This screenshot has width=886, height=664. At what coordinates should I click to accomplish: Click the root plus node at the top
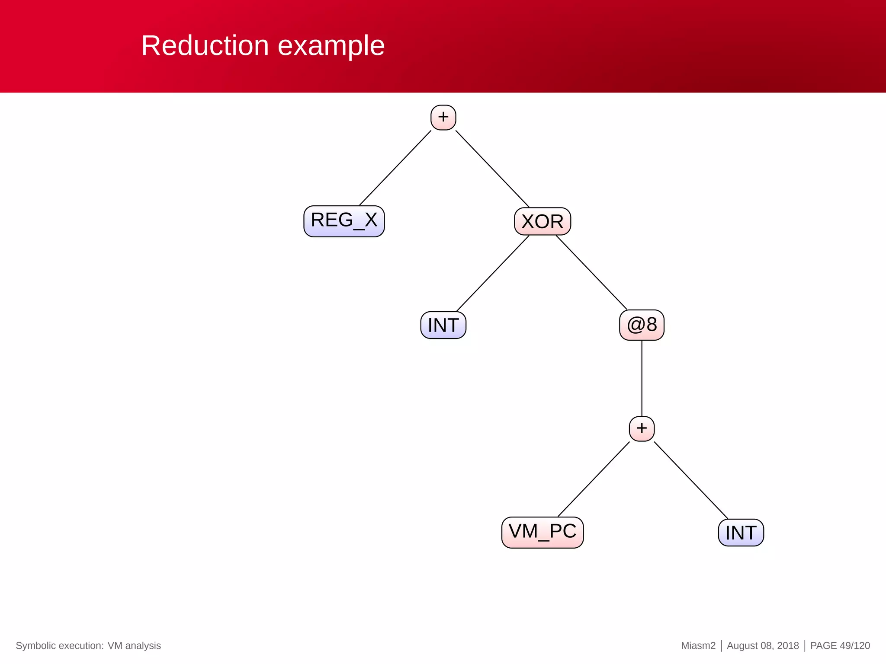443,117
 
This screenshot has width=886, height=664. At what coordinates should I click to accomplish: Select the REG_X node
344,221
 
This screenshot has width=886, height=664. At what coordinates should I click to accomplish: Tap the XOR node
542,221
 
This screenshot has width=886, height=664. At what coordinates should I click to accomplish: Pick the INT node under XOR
443,325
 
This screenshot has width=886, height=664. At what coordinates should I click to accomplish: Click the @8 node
642,325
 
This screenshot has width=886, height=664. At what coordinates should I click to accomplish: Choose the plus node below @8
642,428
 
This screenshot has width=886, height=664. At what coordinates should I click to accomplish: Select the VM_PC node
542,532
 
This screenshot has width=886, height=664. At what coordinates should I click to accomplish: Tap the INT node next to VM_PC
741,533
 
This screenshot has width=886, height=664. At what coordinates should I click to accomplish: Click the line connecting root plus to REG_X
395,168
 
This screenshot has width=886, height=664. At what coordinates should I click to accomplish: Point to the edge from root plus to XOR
492,169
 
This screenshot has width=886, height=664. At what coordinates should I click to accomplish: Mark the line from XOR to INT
493,273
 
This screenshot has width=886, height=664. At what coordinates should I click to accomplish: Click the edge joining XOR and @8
591,272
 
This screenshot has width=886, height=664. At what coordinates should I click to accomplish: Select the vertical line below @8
642,378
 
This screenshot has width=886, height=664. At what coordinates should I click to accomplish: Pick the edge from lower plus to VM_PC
594,479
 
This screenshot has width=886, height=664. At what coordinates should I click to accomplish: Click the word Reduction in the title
205,45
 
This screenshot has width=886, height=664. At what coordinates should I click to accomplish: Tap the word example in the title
331,46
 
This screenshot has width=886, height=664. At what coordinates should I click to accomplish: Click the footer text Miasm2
698,645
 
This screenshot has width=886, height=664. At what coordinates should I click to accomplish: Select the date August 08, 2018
763,645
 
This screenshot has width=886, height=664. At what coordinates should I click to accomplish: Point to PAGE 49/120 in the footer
840,645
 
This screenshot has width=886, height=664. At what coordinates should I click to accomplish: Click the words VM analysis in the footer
134,645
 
